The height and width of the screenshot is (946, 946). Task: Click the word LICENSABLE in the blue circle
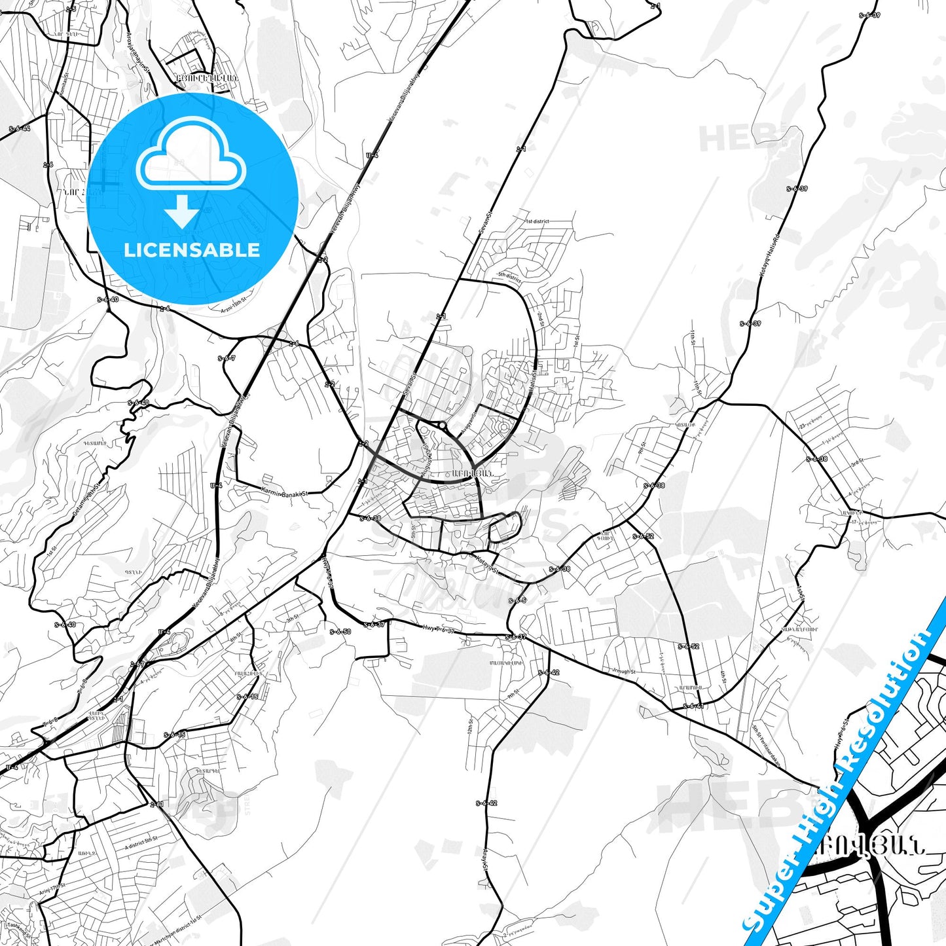192,250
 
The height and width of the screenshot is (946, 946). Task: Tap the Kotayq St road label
487,564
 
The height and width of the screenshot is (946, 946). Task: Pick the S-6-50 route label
340,632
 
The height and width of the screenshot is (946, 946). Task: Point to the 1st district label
537,221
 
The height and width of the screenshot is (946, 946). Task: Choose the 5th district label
509,277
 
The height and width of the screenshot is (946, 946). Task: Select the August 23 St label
426,458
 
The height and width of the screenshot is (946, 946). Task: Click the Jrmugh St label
623,671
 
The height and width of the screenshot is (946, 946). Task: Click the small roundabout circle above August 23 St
443,426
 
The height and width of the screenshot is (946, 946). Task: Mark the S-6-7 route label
227,358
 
